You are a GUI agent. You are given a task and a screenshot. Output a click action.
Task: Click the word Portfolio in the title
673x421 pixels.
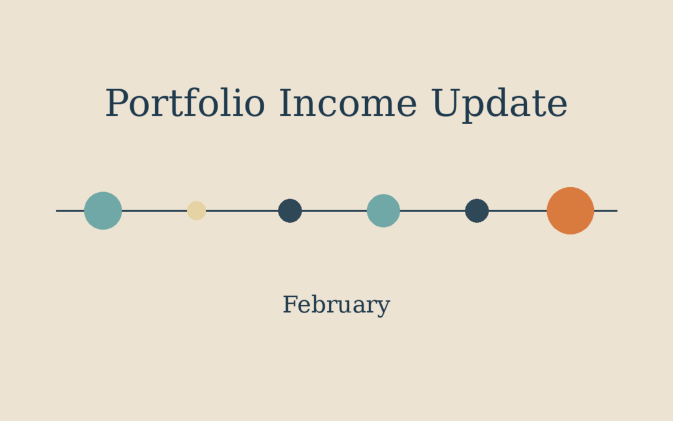coord(184,104)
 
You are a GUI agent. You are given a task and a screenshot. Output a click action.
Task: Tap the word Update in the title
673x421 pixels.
coord(499,104)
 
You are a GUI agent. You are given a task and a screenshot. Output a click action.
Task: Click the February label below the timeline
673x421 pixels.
coord(336,305)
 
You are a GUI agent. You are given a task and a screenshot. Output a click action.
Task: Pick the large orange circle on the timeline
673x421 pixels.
coord(570,211)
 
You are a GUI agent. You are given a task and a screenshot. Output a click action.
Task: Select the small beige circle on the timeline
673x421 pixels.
coord(196,211)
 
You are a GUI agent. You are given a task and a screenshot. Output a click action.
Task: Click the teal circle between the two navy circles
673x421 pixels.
coord(383,211)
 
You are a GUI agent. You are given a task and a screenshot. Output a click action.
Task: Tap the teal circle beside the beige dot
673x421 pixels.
coord(103,211)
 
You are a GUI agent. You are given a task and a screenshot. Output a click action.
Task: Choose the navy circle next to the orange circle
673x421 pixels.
coord(477,211)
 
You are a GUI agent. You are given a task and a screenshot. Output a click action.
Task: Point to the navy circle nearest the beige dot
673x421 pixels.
coord(290,211)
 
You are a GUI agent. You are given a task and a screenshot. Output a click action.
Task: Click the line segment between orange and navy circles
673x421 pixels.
coord(518,211)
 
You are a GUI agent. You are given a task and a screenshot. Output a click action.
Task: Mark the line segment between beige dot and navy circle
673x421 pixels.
coord(242,211)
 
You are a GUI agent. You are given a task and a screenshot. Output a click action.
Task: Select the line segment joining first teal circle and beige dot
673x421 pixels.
coord(154,211)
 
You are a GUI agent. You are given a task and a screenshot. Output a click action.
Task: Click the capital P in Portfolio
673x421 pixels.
coord(116,104)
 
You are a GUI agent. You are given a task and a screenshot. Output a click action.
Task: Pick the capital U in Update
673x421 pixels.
coord(447,104)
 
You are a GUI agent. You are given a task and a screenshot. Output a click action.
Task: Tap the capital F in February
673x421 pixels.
coord(290,305)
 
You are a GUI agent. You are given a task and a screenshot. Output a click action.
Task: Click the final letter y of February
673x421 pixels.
coord(384,307)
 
